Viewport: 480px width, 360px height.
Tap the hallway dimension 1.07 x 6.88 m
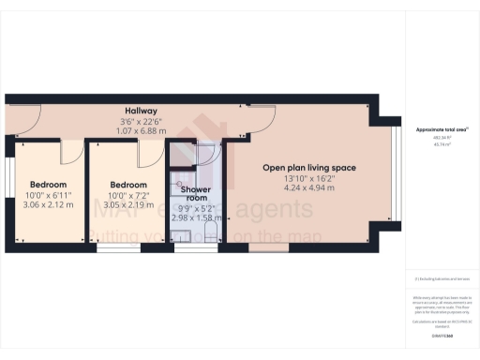141,131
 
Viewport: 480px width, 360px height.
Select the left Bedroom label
47,185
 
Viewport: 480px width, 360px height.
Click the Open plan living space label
308,169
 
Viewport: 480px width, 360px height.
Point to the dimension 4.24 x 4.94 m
308,188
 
